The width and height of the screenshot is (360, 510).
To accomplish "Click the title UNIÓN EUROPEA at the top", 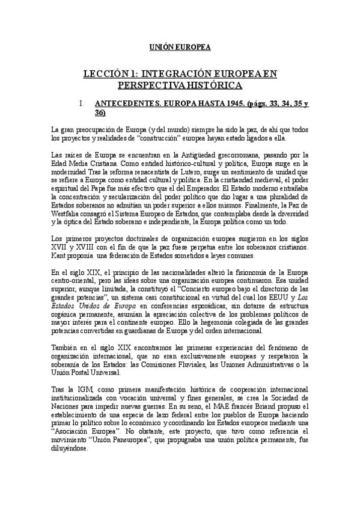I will point(180,47).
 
